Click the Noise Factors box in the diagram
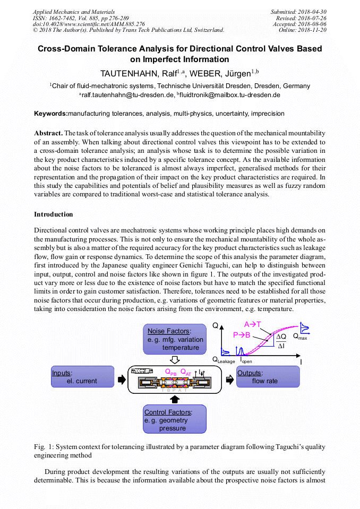[174, 339]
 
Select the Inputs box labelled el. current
[82, 377]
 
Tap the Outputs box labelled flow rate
[268, 377]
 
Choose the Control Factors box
[174, 419]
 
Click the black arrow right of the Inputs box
[121, 379]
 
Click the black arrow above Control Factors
[174, 399]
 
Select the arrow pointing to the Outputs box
[229, 379]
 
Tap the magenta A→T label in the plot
[252, 324]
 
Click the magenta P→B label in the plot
[242, 335]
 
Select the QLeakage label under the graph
[223, 360]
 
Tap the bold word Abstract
[48, 133]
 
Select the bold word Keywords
[50, 114]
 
